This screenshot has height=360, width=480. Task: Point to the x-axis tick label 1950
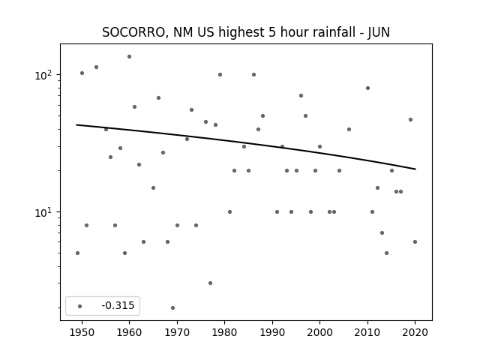[x=82, y=332]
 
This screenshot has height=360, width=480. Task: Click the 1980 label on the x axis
[x=224, y=332]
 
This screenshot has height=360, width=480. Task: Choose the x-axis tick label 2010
[x=367, y=332]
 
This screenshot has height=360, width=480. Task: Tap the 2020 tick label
[x=415, y=332]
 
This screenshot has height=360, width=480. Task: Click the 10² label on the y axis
[x=43, y=75]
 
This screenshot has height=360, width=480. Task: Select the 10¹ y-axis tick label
[x=43, y=212]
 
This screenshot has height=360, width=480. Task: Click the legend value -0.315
[x=118, y=305]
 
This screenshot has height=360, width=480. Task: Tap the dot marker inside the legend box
[x=80, y=306]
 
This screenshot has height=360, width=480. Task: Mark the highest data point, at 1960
[x=129, y=57]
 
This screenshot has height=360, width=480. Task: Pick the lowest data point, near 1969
[x=172, y=307]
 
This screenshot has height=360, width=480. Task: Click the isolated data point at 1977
[x=210, y=283]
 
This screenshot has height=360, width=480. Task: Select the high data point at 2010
[x=367, y=88]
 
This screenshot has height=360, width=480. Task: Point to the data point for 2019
[x=410, y=120]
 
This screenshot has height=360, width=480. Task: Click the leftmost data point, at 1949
[x=77, y=253]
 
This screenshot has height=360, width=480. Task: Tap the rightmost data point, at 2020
[x=415, y=241]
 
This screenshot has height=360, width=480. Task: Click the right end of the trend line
[x=415, y=169]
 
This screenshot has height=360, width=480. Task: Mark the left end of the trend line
[x=76, y=124]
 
